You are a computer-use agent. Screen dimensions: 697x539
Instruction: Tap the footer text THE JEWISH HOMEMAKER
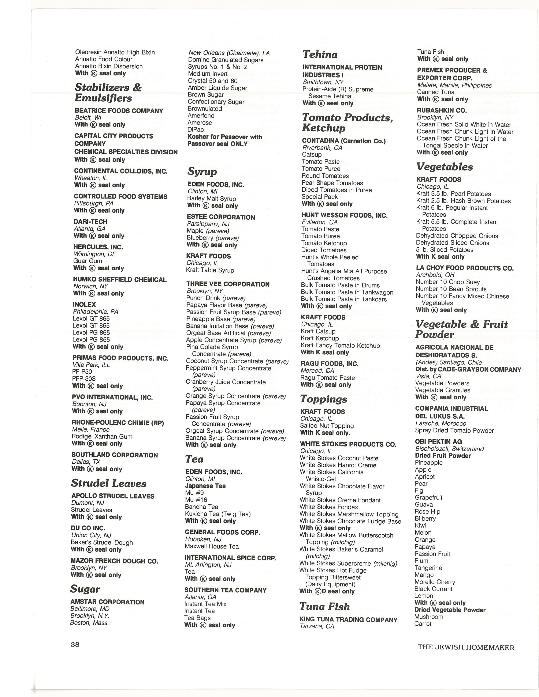coord(466,647)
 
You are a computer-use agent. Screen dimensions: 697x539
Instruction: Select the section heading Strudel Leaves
coord(109,483)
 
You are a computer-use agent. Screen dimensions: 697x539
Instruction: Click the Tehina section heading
coord(320,54)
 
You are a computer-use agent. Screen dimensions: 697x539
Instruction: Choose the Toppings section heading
coord(323,399)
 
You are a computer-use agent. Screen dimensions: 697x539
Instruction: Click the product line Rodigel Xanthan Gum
coord(102,436)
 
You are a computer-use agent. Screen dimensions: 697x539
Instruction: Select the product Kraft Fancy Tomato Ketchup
coord(340,345)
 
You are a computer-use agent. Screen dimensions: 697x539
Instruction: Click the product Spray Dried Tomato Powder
coord(454,430)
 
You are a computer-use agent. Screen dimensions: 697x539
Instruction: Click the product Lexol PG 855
coord(91,340)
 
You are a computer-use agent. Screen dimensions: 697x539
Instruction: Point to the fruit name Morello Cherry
coord(435,582)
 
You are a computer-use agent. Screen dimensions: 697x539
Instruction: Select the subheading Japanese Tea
coord(205,486)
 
